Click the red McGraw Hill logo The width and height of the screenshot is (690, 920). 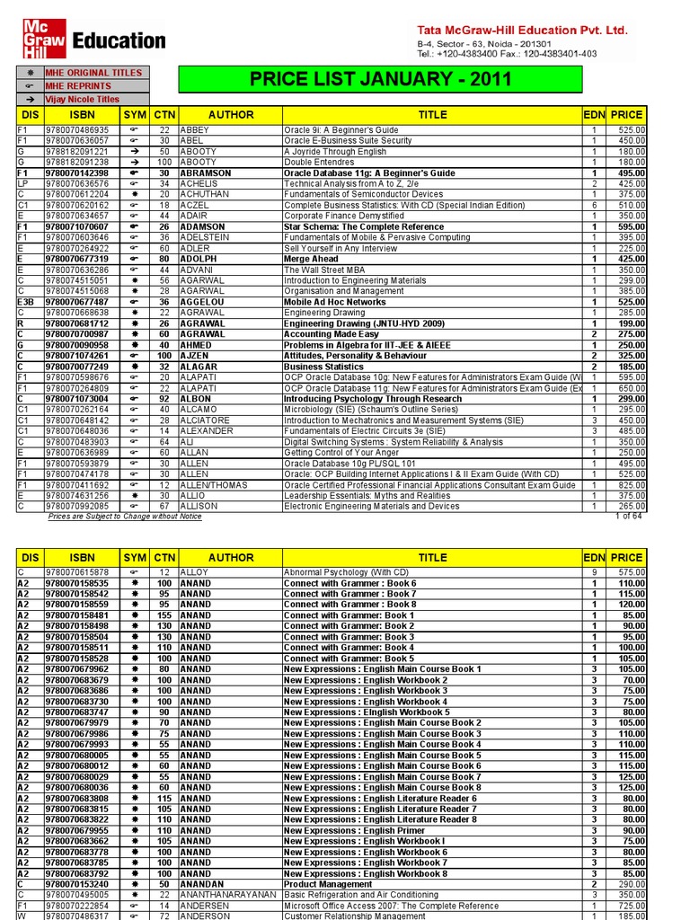(x=43, y=39)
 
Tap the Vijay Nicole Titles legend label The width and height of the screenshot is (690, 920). (x=83, y=99)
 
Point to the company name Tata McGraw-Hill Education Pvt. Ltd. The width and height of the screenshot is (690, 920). (x=522, y=30)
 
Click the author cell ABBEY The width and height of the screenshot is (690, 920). (x=195, y=130)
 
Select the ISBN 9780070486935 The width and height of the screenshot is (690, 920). (x=76, y=130)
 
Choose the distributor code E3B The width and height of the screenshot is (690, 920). (x=25, y=303)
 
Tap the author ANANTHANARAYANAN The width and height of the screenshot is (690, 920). (x=230, y=896)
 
